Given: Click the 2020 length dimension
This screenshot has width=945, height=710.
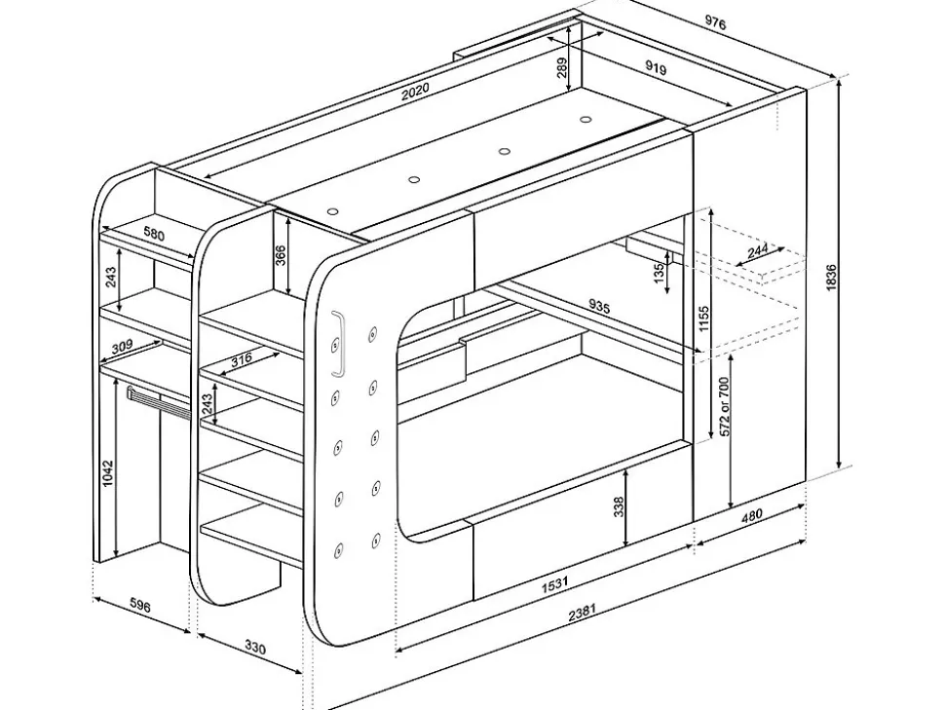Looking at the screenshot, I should pos(415,91).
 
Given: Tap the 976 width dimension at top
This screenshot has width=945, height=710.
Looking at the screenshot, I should pos(716,24).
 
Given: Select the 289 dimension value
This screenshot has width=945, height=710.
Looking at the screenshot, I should pos(561,67).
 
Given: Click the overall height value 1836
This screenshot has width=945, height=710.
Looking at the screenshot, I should pos(831,280).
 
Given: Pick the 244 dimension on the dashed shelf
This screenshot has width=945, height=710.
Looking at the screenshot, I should pos(758,251).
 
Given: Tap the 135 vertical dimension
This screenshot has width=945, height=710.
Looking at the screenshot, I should pos(660,272).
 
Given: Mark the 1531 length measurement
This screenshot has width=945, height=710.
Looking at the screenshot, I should pos(554,586).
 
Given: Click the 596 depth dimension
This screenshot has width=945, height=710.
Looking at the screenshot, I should pos(140,606).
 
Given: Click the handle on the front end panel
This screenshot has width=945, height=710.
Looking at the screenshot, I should pos(338,345).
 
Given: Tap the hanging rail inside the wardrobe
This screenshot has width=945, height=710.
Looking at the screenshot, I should pos(156,400).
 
